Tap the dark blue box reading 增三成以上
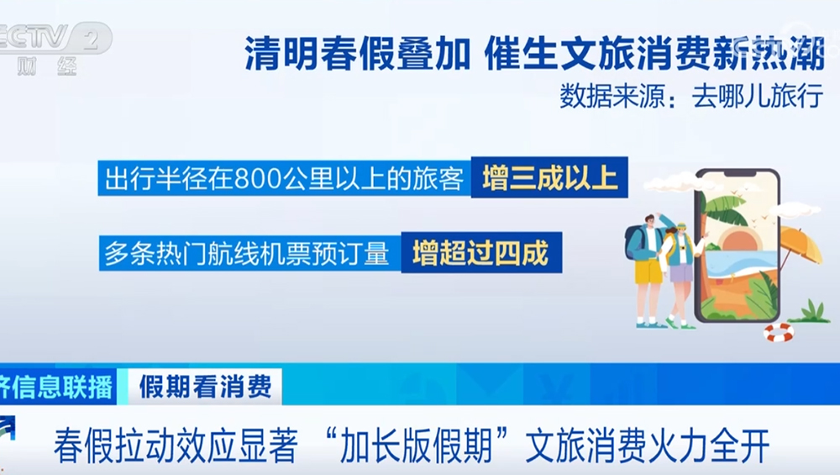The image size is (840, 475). pos(549,178)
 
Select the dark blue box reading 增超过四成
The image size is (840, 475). pos(480,253)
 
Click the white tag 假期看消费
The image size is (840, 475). pos(205,387)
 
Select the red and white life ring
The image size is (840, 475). pos(778,332)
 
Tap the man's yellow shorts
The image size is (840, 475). pos(648,271)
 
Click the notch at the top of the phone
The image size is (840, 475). pos(737,177)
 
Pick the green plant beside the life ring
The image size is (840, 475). pos(811,312)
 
